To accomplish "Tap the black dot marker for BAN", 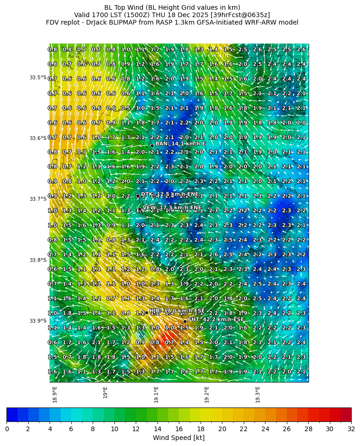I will tap(152, 146).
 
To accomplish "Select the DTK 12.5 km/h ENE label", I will tap(170, 194).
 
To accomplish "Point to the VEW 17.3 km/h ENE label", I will tap(172, 208).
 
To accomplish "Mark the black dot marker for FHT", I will tap(185, 321).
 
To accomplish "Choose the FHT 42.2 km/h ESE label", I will tap(216, 319).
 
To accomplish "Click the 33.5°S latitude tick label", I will tap(38, 77).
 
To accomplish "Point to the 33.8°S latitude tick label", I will tap(38, 260).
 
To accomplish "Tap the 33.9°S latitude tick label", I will tap(38, 321).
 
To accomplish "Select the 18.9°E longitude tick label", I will tap(55, 395).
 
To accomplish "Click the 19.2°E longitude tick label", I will tap(207, 395).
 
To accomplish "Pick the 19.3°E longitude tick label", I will tap(258, 395).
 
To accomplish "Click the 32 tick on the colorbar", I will tap(351, 429).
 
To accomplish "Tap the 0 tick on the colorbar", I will tap(7, 429).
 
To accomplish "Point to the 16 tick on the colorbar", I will tap(179, 429).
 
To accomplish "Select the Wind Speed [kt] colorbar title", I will tap(179, 438).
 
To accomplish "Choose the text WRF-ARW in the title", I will tap(267, 22).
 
